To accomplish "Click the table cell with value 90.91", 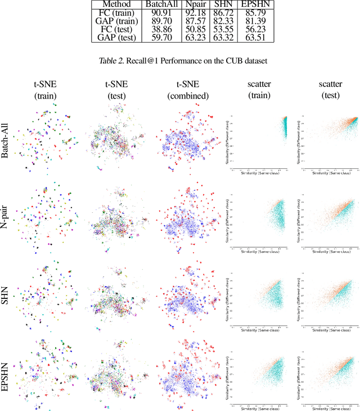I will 160,13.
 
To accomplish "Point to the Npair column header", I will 194,4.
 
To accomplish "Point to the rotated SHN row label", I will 6,296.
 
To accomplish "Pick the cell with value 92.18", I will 194,13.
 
